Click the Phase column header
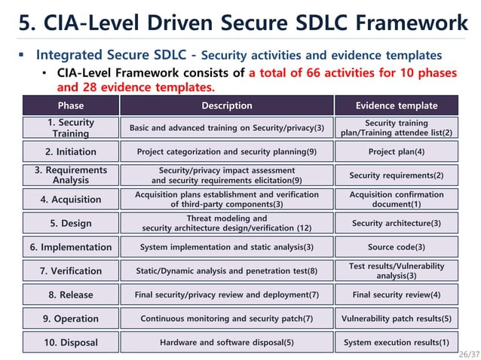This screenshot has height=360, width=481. point(71,105)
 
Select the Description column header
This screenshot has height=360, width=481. point(226,105)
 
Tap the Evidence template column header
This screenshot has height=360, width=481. point(396,105)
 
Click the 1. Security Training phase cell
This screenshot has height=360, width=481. point(71,128)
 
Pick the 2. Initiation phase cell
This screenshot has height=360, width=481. point(71,152)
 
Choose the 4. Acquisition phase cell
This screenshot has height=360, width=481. point(71,200)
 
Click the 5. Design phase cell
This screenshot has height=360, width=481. point(71,224)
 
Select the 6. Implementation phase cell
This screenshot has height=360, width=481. point(71,247)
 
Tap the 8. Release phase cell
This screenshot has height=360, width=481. point(71,294)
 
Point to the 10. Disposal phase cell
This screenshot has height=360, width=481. point(71,343)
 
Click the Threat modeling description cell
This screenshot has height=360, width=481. point(226,224)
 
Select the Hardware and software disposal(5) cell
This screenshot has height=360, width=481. point(226,343)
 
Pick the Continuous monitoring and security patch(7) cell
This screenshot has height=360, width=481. point(226,319)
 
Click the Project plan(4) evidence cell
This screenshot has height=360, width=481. point(396,152)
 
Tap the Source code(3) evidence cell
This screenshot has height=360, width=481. point(396,247)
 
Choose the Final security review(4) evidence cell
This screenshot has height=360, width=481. point(396,294)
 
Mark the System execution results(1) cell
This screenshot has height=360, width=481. point(396,343)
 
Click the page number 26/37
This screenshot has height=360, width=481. point(468,353)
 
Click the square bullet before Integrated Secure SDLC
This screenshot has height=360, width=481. point(22,55)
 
